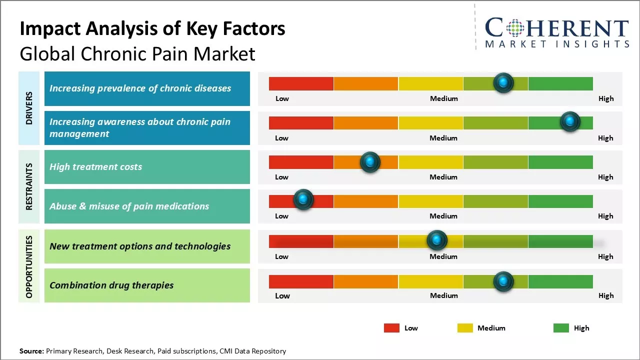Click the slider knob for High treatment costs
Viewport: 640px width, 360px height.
[x=370, y=162]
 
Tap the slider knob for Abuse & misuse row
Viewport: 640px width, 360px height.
[x=303, y=199]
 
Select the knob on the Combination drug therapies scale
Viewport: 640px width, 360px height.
[x=503, y=281]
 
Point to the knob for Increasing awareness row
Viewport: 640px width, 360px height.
[x=570, y=121]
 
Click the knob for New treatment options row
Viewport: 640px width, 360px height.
[x=437, y=240]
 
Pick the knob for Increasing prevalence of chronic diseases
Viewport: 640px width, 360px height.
[x=503, y=82]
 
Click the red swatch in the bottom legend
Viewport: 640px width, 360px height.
[x=391, y=328]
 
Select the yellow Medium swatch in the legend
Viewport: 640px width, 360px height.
[x=465, y=328]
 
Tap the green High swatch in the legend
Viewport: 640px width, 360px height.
[x=561, y=328]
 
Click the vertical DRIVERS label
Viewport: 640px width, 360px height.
[x=29, y=108]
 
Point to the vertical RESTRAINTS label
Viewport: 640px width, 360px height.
[x=29, y=186]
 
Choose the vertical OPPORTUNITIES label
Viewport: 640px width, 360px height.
[x=29, y=266]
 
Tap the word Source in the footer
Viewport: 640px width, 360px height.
[x=31, y=351]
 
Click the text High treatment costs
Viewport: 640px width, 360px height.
[x=95, y=167]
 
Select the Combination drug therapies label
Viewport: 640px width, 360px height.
[x=111, y=285]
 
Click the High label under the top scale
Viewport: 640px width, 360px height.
[x=605, y=98]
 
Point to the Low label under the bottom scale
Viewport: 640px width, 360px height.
[x=282, y=295]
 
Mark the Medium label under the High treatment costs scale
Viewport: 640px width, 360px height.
[x=443, y=177]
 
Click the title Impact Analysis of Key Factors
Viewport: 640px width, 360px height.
[x=152, y=29]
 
